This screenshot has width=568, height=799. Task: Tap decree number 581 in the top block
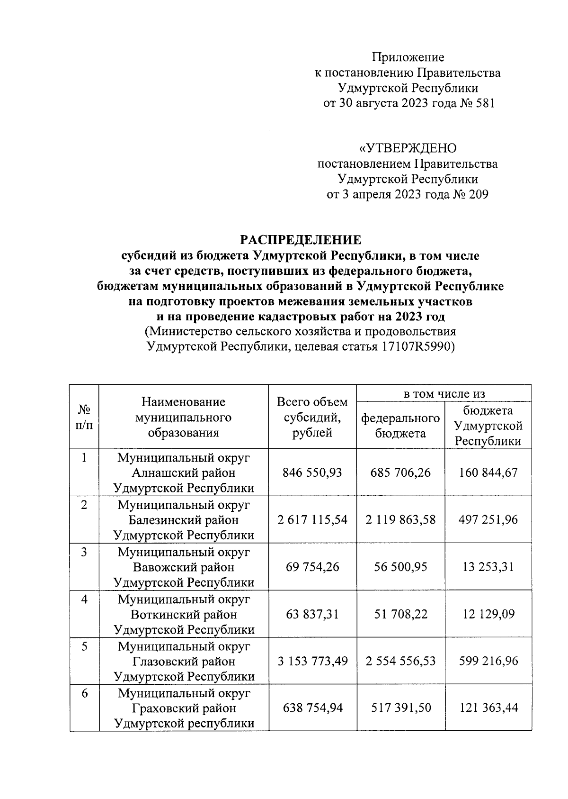[x=485, y=103]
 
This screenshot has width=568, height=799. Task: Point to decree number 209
[x=478, y=194]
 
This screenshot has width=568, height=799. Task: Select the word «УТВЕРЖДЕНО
[x=408, y=149]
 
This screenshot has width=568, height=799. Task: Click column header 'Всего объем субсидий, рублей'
[x=312, y=417]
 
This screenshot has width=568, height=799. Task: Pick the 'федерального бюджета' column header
[x=400, y=426]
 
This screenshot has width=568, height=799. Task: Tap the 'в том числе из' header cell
[x=444, y=393]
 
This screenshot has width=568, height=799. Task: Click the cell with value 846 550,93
[x=312, y=472]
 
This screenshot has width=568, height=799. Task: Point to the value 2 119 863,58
[x=400, y=519]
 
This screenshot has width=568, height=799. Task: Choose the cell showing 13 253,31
[x=488, y=567]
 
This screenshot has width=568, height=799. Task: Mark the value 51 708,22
[x=400, y=614]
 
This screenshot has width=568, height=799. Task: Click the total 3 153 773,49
[x=312, y=661]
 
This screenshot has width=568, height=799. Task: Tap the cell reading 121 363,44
[x=488, y=708]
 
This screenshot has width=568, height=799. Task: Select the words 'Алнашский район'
[x=184, y=473]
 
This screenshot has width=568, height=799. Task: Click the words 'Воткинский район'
[x=184, y=615]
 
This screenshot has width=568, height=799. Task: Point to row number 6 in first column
[x=84, y=693]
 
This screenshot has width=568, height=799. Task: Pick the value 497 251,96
[x=488, y=519]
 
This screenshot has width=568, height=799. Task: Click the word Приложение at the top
[x=408, y=58]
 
